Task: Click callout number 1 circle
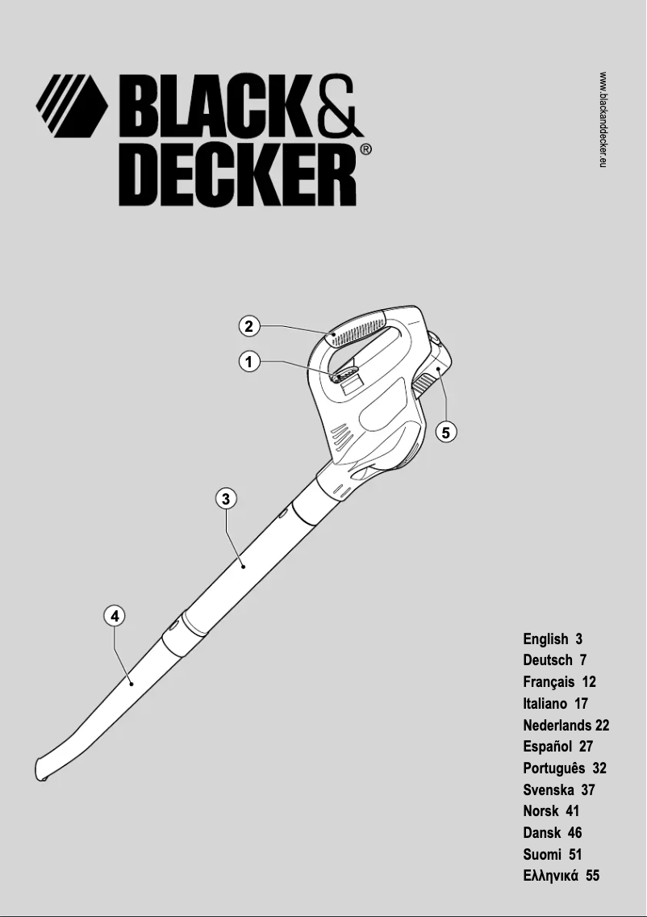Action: (x=249, y=362)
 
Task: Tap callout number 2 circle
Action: (x=249, y=326)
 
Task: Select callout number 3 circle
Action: (x=227, y=499)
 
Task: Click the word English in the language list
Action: (x=545, y=639)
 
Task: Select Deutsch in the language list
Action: (x=548, y=660)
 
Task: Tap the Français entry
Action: (x=549, y=682)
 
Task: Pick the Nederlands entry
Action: (x=557, y=725)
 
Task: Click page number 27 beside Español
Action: (x=586, y=747)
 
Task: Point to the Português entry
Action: (x=553, y=768)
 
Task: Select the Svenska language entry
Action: (x=548, y=789)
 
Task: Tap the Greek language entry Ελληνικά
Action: (x=551, y=876)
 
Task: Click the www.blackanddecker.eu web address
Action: (x=603, y=119)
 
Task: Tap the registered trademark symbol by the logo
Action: (x=365, y=149)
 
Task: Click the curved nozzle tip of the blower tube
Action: (x=44, y=767)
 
